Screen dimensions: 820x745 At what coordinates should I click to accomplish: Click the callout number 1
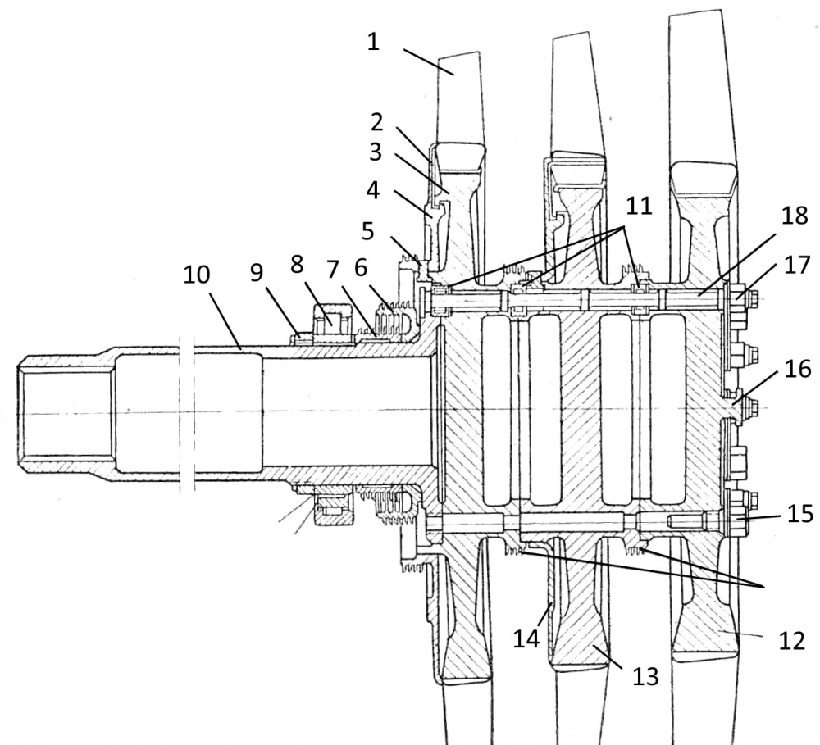coord(373,41)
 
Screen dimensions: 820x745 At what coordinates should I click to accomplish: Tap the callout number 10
coord(196,275)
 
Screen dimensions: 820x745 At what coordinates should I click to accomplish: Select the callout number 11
coord(639,206)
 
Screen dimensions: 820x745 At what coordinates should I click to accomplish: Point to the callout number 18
coord(795,216)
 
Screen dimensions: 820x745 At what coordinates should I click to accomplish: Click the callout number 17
coord(796,265)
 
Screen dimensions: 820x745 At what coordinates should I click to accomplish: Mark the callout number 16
coord(798,369)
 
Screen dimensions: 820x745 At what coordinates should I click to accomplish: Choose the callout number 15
coord(800,514)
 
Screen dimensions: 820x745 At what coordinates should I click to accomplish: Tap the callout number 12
coord(791,640)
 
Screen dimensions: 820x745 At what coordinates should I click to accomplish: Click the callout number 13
coord(645,676)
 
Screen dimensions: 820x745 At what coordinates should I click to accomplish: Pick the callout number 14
coord(526,638)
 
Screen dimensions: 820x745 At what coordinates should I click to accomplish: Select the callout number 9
coord(256,272)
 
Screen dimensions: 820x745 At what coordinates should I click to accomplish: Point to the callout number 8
coord(297,265)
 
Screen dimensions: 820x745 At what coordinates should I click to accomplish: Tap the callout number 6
coord(360,268)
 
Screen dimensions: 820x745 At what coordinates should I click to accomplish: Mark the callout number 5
coord(368,230)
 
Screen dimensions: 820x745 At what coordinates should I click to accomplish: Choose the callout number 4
coord(373,191)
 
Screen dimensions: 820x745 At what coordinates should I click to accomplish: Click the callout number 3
coord(376,152)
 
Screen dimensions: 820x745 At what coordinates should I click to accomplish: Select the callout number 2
coord(377,122)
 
